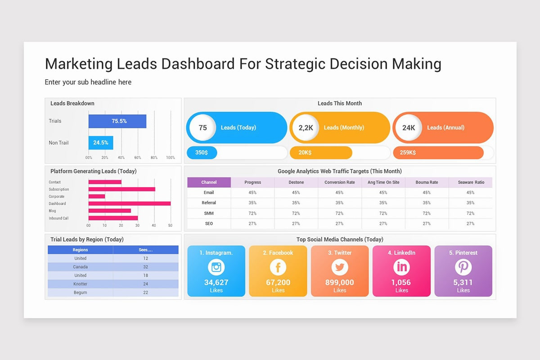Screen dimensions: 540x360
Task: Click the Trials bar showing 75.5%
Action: pyautogui.click(x=117, y=121)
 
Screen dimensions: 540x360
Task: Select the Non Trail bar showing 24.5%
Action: pyautogui.click(x=101, y=143)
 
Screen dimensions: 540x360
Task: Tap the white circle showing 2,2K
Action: pyautogui.click(x=306, y=127)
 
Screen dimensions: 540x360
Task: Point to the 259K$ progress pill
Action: pyautogui.click(x=438, y=153)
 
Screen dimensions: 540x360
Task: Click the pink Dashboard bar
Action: pyautogui.click(x=130, y=203)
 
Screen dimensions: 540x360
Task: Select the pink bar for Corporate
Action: pyautogui.click(x=97, y=196)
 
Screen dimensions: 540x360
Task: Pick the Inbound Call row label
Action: pyautogui.click(x=58, y=218)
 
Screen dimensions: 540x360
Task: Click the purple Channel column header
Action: pyautogui.click(x=209, y=182)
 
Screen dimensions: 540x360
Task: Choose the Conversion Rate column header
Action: pyautogui.click(x=339, y=182)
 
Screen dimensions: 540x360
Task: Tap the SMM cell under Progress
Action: pyautogui.click(x=252, y=213)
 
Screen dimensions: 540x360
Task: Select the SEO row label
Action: pyautogui.click(x=209, y=224)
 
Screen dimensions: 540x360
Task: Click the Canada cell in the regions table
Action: pyautogui.click(x=80, y=267)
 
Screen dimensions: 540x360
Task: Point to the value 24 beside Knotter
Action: pyautogui.click(x=146, y=284)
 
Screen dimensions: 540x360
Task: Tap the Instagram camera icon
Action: pyautogui.click(x=216, y=267)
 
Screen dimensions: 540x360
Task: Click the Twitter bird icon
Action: pyautogui.click(x=340, y=267)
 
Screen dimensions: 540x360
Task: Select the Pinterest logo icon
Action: pyautogui.click(x=463, y=267)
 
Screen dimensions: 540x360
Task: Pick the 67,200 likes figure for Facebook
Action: pyautogui.click(x=278, y=282)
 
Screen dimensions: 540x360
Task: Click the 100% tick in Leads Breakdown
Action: pyautogui.click(x=171, y=157)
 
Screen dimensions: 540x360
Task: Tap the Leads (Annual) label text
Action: pyautogui.click(x=446, y=127)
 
